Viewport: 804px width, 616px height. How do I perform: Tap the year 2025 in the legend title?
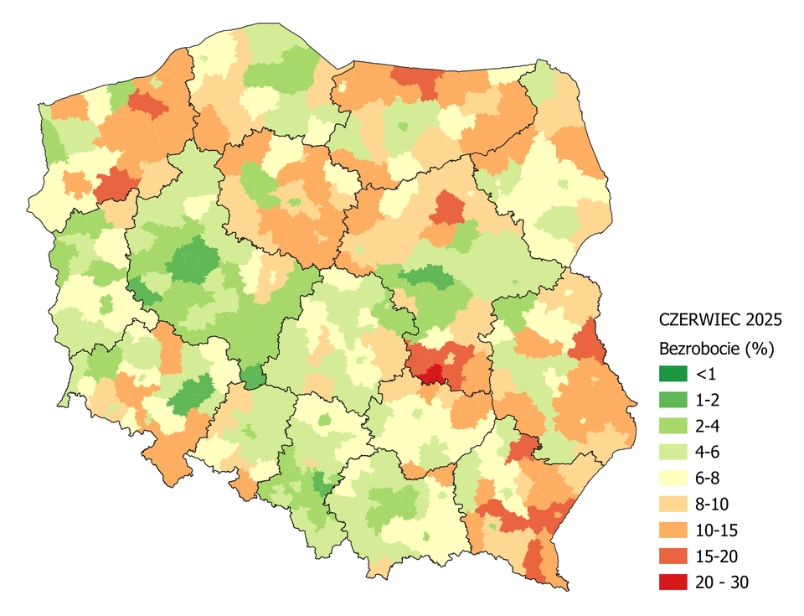tap(763, 319)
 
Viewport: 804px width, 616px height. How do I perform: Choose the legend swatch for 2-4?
tap(673, 424)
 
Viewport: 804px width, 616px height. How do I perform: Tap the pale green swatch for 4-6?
tap(673, 451)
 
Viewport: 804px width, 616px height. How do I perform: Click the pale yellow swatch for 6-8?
tap(673, 477)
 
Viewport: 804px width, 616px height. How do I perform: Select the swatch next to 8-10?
tap(673, 503)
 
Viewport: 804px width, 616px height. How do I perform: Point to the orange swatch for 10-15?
tap(673, 530)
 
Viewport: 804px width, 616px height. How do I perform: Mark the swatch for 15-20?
tap(673, 556)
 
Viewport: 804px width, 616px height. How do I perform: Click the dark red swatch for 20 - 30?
tap(673, 582)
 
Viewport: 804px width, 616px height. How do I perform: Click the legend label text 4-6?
tap(708, 451)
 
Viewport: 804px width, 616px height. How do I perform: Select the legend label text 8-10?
tap(711, 503)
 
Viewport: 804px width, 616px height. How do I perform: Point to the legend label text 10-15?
tap(714, 530)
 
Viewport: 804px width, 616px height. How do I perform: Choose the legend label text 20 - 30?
tap(721, 582)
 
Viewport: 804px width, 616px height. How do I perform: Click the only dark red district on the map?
tap(432, 375)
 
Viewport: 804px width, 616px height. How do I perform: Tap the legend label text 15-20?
tap(714, 556)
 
